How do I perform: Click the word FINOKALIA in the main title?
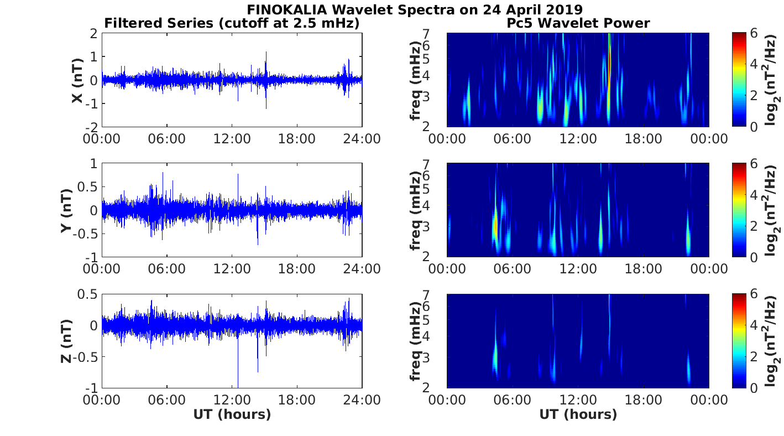[290, 9]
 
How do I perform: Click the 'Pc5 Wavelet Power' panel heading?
[578, 23]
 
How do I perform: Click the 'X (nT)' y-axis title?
[78, 80]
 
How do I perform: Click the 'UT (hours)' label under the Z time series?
[232, 414]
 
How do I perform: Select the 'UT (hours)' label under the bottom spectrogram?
[578, 414]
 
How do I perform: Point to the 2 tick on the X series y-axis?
[93, 33]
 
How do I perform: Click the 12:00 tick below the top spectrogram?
[578, 138]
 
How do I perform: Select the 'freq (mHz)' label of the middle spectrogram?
[416, 210]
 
